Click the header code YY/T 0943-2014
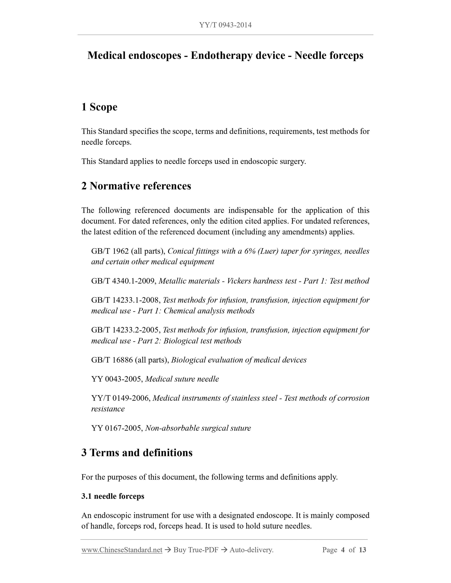pos(225,25)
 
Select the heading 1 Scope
pos(99,107)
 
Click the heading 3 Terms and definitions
pos(137,453)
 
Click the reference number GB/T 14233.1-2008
pos(126,300)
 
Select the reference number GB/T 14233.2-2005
pos(126,330)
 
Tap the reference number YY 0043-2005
pos(117,379)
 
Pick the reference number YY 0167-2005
pos(117,428)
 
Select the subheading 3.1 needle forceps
pos(113,496)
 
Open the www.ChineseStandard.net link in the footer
pos(122,550)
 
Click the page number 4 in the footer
pos(343,550)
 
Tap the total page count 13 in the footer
pos(362,550)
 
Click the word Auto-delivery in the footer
pos(251,550)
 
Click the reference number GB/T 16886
pos(112,360)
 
